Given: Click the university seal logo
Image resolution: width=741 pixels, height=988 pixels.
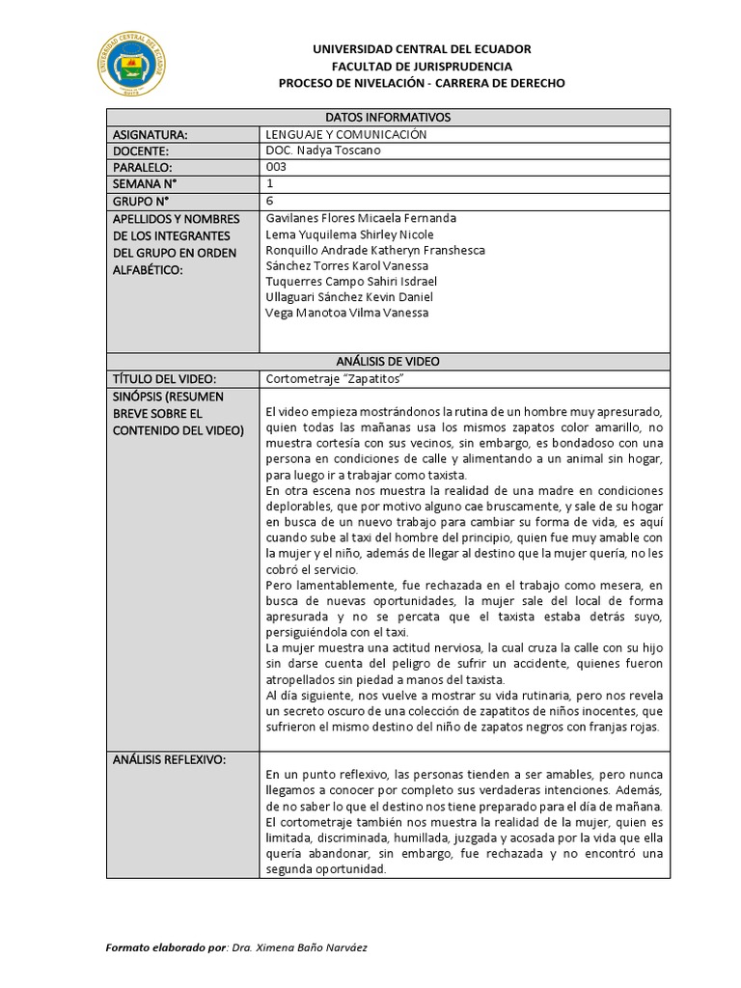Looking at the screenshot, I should pos(132,66).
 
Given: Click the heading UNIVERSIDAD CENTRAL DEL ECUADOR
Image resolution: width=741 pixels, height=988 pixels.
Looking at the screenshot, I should pos(422,49).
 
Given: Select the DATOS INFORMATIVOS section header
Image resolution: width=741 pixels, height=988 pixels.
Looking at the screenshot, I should pos(388,118).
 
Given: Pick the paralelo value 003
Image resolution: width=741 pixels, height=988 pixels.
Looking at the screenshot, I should pos(276,167).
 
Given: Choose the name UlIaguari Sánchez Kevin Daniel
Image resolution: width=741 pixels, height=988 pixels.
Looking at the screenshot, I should pos(348,296).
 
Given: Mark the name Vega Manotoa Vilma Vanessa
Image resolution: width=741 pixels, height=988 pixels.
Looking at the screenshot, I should pos(346,312).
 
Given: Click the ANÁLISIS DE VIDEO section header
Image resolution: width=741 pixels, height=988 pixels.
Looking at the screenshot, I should pos(388,361).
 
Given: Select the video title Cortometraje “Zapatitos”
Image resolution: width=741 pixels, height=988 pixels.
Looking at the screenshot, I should pos(333,377).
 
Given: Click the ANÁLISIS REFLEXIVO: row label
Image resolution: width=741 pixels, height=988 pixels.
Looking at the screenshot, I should pos(169,759).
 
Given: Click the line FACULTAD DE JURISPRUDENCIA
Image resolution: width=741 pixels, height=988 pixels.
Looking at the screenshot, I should pos(422,67).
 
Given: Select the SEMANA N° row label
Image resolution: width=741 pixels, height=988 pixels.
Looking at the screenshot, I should pos(145,183).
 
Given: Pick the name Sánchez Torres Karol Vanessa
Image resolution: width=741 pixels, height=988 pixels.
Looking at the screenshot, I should pos(346,265).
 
